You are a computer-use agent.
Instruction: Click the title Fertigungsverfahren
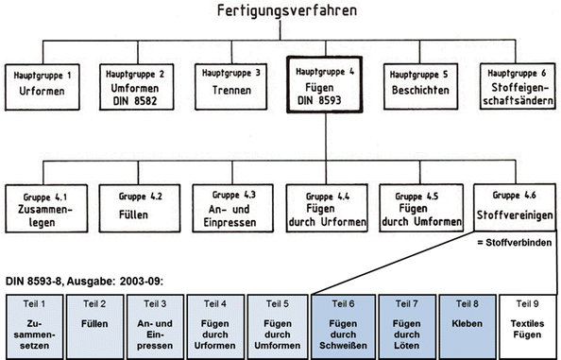pos(279,14)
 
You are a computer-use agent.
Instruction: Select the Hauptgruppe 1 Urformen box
pos(42,85)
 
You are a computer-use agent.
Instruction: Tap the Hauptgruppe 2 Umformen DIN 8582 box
pos(133,85)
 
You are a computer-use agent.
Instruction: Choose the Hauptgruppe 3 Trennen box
pos(229,85)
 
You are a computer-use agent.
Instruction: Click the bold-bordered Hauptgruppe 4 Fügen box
pos(324,85)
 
